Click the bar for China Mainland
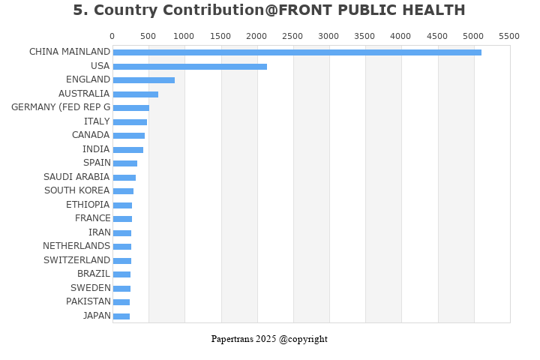tap(297, 52)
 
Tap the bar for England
tap(143, 80)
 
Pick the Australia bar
tap(135, 94)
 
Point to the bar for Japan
tap(121, 316)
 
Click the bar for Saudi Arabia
tap(124, 178)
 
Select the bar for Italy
tap(130, 122)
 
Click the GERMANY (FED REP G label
tap(61, 107)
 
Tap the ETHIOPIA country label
tap(88, 205)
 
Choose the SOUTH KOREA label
tap(76, 190)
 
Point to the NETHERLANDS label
tap(76, 246)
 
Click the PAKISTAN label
tap(88, 301)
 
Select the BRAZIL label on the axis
tap(93, 274)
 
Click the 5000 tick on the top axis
tap(472, 36)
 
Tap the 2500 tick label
tap(292, 36)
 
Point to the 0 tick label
tap(112, 36)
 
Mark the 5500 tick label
tap(508, 36)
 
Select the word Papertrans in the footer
tap(232, 339)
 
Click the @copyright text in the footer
tap(303, 339)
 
